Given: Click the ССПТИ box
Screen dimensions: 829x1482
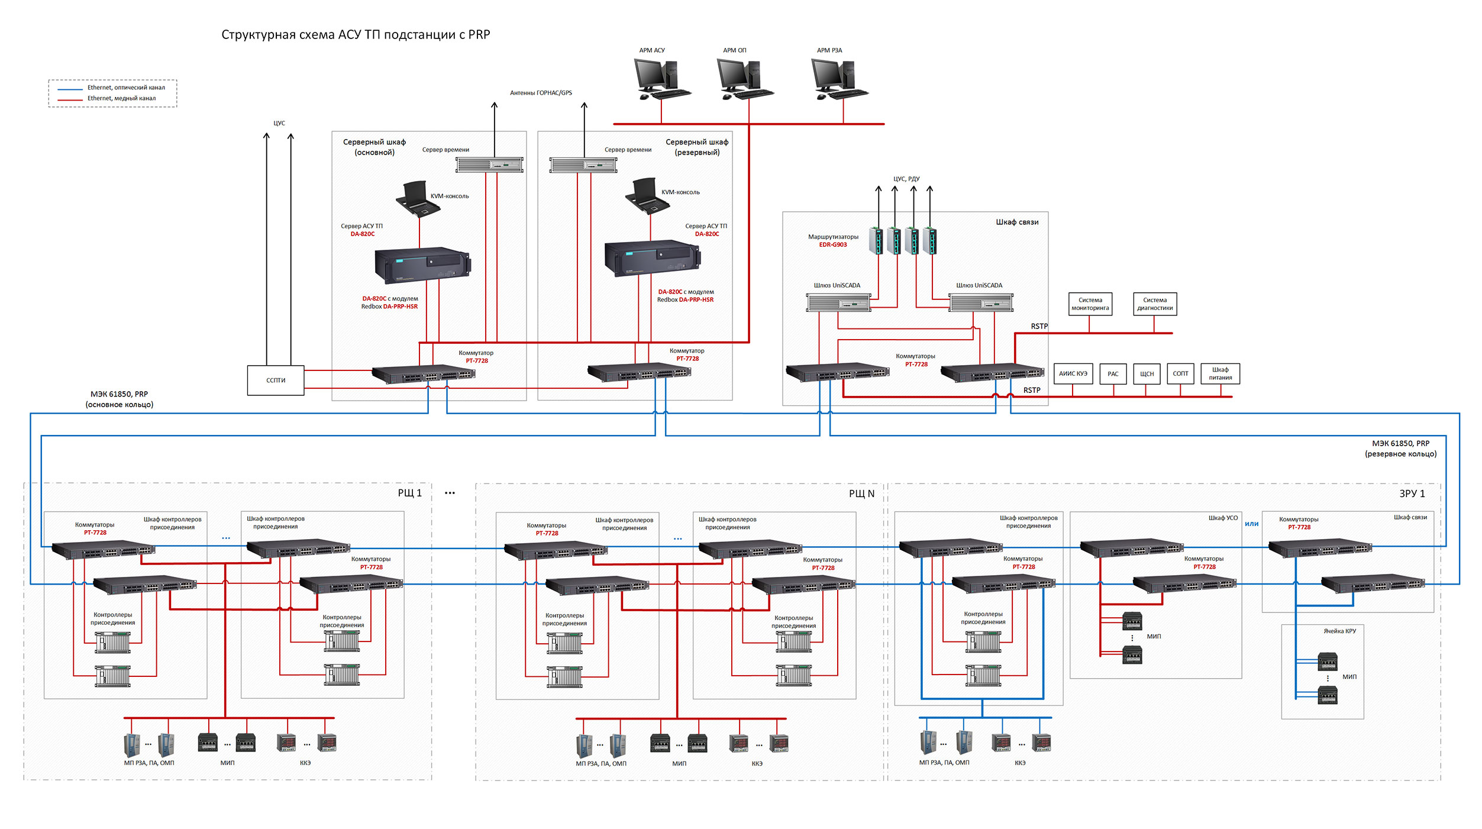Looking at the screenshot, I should tap(276, 380).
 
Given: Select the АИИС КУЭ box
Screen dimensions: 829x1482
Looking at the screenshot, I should tap(1073, 374).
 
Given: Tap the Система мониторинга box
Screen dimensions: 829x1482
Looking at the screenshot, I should tap(1090, 304).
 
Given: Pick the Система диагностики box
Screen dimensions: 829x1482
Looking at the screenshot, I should tap(1155, 304).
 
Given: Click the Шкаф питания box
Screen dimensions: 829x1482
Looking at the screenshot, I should tap(1220, 374).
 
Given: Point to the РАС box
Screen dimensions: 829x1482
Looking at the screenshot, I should tap(1113, 374).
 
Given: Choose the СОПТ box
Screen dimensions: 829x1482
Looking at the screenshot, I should tap(1180, 374).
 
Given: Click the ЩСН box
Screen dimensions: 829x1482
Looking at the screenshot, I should tap(1147, 374).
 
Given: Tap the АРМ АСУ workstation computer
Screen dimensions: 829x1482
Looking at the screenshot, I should tap(661, 79).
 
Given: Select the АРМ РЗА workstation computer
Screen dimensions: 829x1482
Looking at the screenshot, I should tap(838, 79).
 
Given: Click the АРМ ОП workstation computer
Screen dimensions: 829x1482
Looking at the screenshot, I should tap(744, 79).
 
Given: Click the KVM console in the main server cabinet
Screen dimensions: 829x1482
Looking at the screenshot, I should tap(418, 198).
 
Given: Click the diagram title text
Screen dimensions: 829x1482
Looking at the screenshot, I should tap(356, 35).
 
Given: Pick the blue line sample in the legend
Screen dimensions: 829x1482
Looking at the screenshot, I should tap(70, 89).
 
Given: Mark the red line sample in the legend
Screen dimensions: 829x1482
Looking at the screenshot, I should tap(70, 99).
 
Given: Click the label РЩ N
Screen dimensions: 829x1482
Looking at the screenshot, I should tap(861, 493).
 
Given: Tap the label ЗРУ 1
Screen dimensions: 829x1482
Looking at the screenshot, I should tap(1412, 493).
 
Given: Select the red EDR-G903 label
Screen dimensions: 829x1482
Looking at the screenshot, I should tap(832, 245).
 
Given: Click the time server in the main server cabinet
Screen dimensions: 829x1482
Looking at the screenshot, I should tap(489, 164).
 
